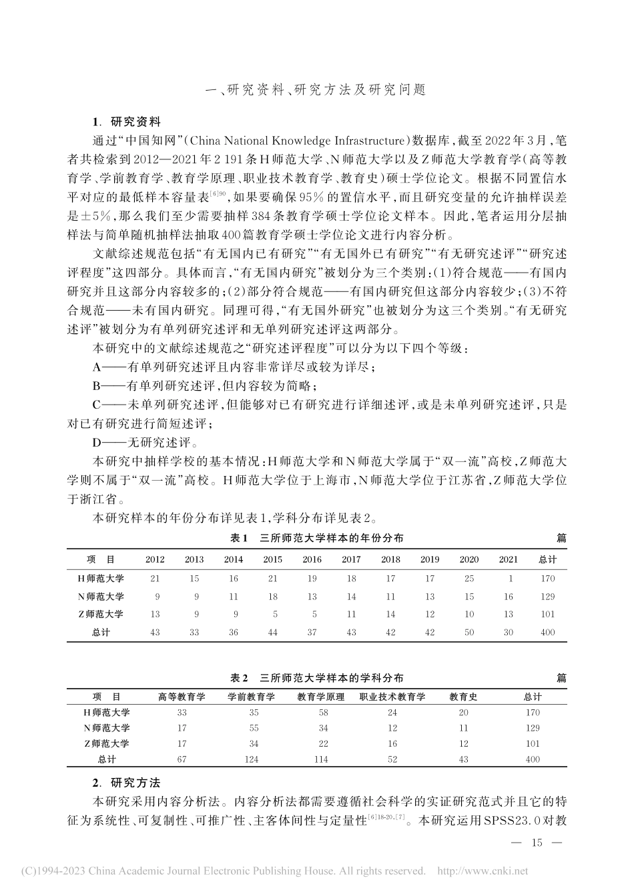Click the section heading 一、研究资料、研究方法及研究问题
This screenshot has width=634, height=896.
(316, 89)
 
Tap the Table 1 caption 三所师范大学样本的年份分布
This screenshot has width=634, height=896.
(316, 538)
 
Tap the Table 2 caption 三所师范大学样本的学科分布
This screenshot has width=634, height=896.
(316, 678)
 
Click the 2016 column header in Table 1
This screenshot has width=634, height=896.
(312, 560)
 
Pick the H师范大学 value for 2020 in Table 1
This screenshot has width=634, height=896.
(468, 579)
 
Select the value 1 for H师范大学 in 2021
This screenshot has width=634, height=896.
(508, 579)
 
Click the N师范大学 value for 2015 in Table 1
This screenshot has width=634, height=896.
(272, 597)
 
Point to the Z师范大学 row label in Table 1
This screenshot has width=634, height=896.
(101, 615)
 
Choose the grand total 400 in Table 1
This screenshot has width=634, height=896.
(547, 633)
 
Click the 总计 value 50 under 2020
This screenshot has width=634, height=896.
(468, 633)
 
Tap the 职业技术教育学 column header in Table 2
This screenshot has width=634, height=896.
(392, 697)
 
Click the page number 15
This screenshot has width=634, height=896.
(538, 843)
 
